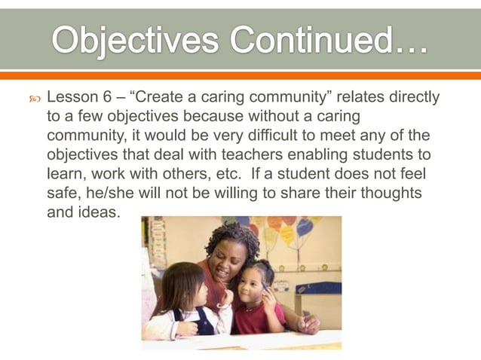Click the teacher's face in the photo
pyautogui.click(x=231, y=257)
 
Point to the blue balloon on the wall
pyautogui.click(x=306, y=227)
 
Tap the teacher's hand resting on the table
pyautogui.click(x=308, y=325)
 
